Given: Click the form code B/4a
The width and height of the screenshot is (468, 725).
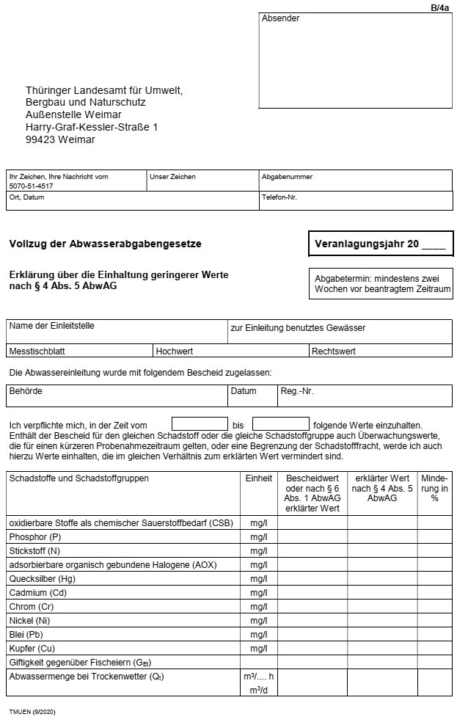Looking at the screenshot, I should click(x=439, y=7).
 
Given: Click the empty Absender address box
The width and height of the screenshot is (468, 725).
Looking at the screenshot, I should click(x=355, y=66).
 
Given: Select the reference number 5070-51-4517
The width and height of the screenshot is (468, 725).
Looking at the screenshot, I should click(x=31, y=186).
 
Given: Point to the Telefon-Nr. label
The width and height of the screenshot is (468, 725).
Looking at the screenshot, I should click(x=279, y=197).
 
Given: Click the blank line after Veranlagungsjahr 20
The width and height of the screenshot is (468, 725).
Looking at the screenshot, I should click(x=434, y=244).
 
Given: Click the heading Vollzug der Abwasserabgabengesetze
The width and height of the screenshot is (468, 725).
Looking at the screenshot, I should click(x=105, y=244).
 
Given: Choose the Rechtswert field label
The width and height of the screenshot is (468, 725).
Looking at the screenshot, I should click(x=334, y=351).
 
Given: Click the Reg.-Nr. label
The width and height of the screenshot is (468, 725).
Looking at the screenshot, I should click(x=297, y=391).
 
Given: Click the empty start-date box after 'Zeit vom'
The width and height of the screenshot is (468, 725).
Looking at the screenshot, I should click(x=200, y=424).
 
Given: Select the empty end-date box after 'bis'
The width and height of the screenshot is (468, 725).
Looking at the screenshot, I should click(x=280, y=424).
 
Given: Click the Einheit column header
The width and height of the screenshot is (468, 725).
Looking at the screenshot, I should click(x=259, y=478).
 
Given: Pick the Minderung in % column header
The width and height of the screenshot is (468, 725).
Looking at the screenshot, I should click(x=434, y=487).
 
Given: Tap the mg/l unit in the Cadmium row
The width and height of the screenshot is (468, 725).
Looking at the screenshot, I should click(x=259, y=593).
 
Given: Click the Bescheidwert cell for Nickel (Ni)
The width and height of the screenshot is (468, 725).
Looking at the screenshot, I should click(x=312, y=621).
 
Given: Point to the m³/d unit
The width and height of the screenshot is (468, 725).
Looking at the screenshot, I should click(x=259, y=689).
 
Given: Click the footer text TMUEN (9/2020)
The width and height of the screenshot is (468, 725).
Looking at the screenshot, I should click(x=32, y=712).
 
